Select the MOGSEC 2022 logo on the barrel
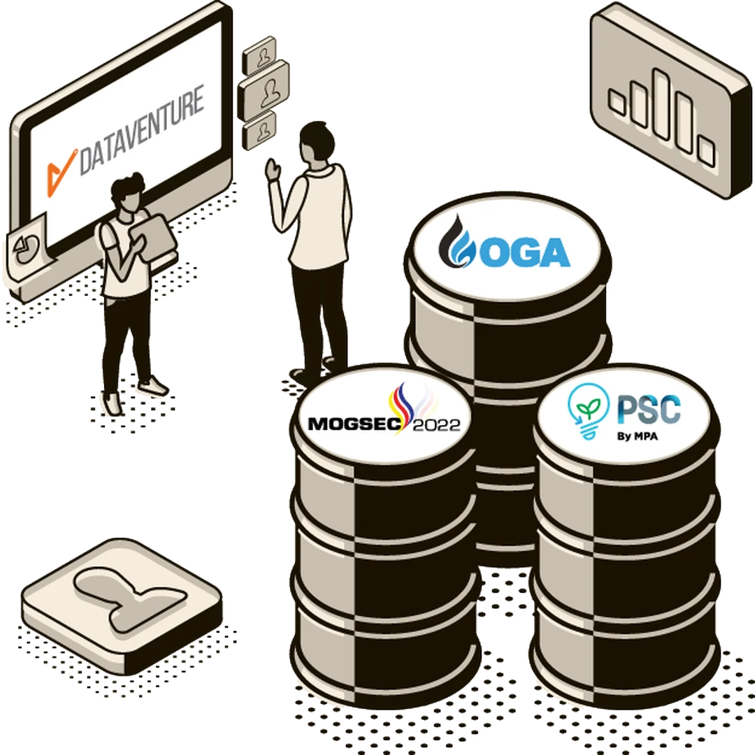384,417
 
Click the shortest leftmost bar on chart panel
617,102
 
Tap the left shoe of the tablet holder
113,403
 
